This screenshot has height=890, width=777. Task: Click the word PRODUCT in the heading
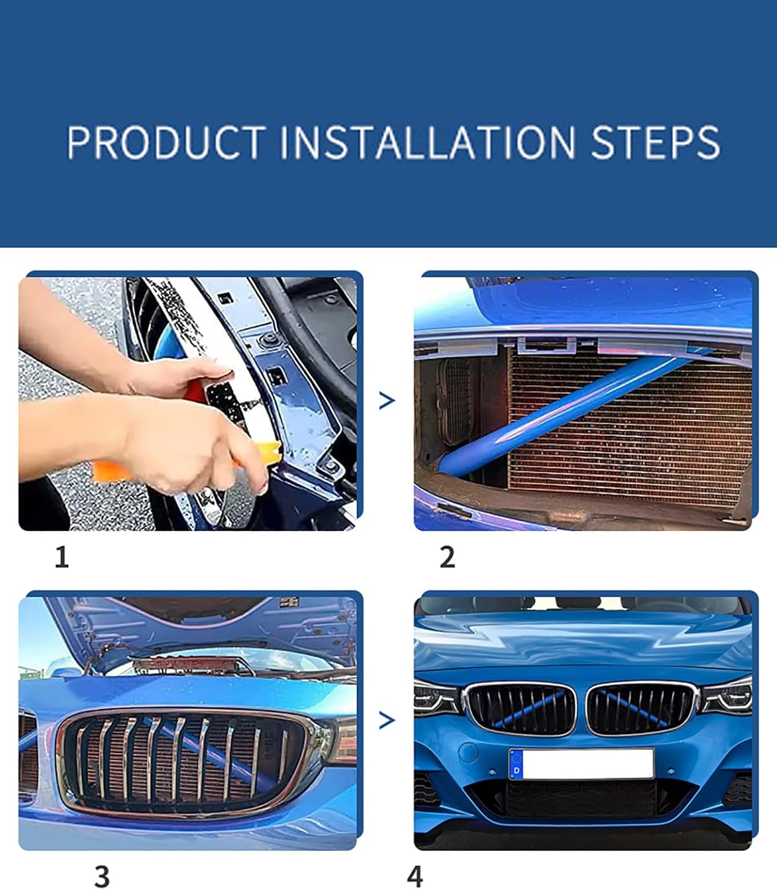tap(167, 142)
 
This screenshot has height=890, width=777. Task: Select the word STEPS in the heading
tap(655, 142)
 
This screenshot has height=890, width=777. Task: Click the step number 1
tap(62, 557)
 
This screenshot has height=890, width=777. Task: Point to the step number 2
tap(447, 557)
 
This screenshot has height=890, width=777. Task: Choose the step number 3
tap(102, 876)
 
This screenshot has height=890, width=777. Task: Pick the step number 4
tap(415, 876)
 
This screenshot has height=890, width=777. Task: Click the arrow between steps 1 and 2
tap(387, 401)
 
